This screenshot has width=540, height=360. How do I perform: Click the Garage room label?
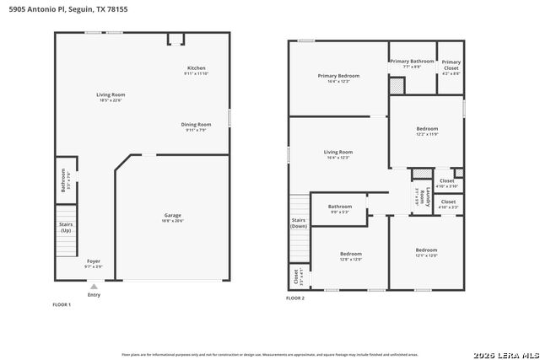172,215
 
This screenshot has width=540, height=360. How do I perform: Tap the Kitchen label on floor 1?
196,68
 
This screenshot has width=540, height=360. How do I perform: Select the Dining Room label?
196,124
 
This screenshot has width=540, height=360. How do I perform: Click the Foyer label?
93,261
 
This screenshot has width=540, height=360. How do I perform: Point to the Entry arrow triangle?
94,287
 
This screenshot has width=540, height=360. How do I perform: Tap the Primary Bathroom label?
412,61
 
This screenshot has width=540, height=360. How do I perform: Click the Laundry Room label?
423,197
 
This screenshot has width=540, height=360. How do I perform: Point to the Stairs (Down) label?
299,223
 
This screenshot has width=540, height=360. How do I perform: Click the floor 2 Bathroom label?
340,207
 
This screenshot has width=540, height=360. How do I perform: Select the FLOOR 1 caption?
62,304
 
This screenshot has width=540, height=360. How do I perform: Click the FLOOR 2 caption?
295,298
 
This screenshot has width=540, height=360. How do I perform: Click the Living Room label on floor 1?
111,94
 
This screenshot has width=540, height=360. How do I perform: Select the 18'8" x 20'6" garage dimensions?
172,220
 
